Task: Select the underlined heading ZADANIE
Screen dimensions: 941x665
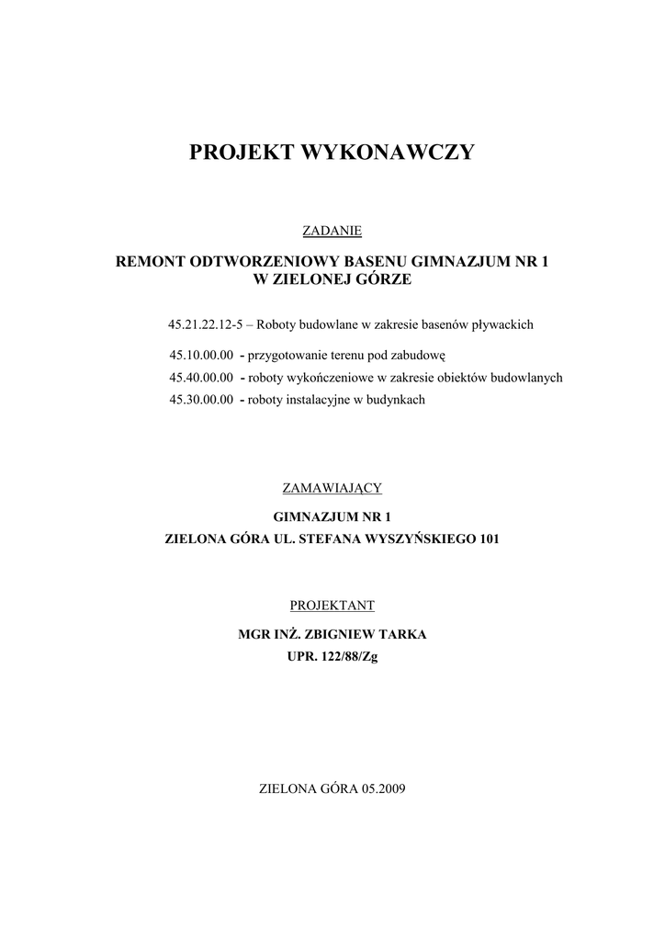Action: [x=332, y=229]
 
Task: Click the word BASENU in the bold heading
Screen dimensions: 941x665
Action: [x=371, y=262]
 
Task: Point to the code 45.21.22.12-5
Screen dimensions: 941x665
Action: [x=205, y=324]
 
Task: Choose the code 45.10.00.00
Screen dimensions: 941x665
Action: [x=201, y=355]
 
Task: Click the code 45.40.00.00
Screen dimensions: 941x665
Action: [x=201, y=378]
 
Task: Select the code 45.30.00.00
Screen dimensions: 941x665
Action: [x=201, y=401]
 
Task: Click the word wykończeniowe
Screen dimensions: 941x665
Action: [x=330, y=378]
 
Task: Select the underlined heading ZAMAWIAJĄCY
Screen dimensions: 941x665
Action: [x=332, y=487]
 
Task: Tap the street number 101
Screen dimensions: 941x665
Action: [x=489, y=539]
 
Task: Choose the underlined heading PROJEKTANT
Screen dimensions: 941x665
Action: [x=332, y=606]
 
